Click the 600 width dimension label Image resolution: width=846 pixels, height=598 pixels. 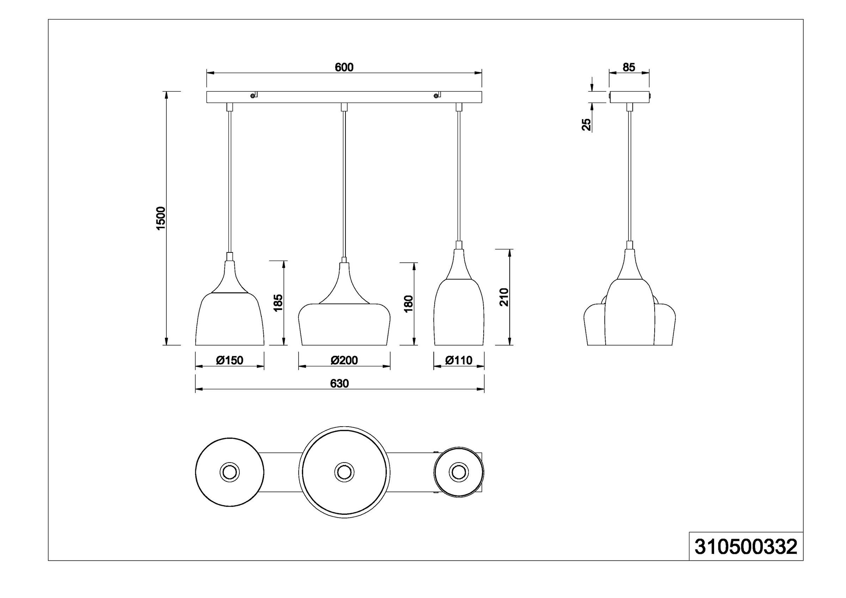coord(344,67)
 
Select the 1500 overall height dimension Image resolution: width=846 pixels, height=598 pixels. coord(161,218)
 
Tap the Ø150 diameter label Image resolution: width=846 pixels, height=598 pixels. coord(229,360)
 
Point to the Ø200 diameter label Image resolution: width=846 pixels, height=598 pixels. coord(344,360)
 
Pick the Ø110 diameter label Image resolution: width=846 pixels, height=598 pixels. coord(459,360)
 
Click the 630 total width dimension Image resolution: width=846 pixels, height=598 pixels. coord(339,384)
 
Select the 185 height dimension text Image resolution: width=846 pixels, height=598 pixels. coord(278,303)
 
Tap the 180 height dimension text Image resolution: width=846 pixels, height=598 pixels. coord(409,304)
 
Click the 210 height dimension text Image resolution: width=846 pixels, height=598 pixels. coord(504,297)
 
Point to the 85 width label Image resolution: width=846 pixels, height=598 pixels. coord(629,67)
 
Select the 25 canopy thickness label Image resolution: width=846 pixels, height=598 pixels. coord(586,124)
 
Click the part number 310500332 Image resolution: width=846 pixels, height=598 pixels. coord(746,547)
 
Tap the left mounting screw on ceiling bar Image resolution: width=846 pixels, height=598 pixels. coord(252,96)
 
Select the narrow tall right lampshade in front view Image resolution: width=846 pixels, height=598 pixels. coord(459,313)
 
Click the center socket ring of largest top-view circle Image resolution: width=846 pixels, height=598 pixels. coord(344,472)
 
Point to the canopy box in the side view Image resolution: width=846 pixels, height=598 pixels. coord(629,97)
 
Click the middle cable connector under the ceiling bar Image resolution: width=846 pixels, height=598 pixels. coord(344,107)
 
